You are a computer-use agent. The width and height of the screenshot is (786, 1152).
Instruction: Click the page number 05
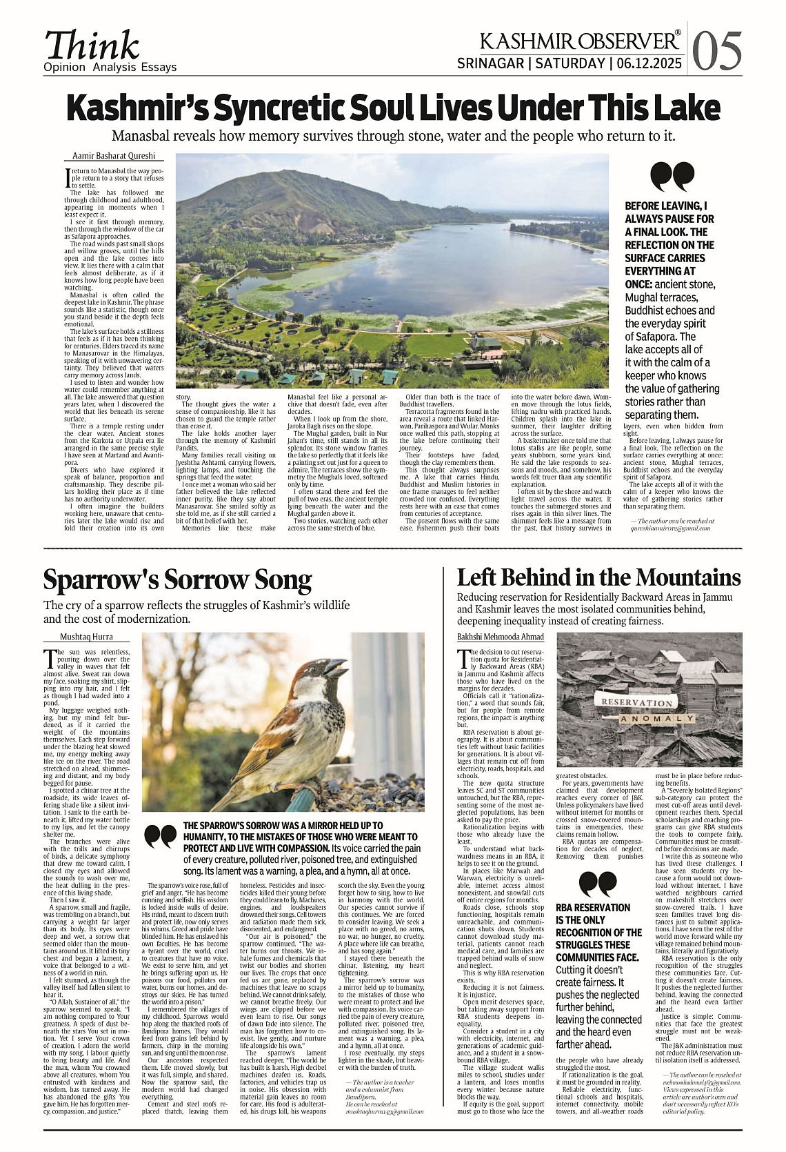tap(718, 52)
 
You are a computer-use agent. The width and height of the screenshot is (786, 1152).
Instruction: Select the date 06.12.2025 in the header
tap(649, 63)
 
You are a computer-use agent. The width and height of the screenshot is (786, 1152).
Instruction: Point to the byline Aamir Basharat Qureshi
tap(114, 156)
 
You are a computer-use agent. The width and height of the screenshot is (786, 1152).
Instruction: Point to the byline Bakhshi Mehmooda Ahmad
tap(500, 637)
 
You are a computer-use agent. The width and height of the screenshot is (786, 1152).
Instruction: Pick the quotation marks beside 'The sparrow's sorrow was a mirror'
tap(160, 836)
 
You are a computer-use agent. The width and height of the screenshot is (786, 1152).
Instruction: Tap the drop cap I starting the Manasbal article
tap(68, 177)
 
